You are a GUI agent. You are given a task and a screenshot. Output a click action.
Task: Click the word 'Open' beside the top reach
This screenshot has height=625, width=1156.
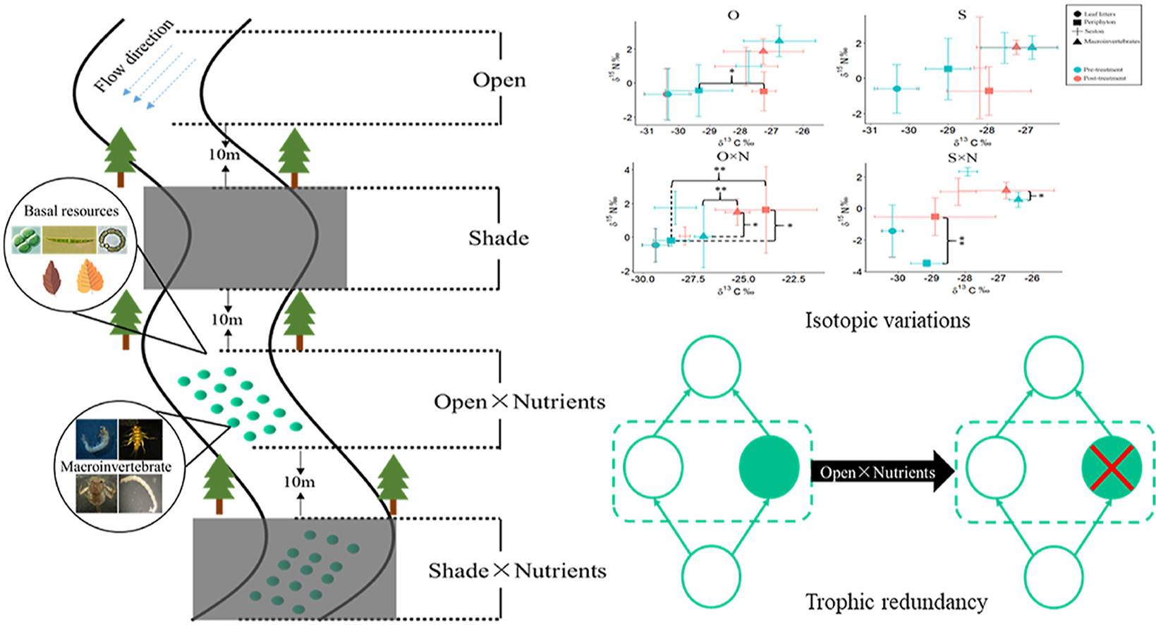coord(499,80)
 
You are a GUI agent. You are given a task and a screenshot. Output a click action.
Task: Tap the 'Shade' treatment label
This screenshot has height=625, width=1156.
coord(498,238)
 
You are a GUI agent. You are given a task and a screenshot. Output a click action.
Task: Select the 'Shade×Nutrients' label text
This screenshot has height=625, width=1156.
coord(517,571)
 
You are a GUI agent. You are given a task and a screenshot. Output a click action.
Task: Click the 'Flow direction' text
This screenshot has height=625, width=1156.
coord(134,56)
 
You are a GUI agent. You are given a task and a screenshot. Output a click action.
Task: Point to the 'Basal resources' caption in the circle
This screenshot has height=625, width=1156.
coord(71,211)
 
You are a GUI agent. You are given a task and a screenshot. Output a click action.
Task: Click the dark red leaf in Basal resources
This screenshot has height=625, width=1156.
coord(51,278)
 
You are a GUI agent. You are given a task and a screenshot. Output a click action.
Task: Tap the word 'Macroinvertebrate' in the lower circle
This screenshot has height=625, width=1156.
coord(116,466)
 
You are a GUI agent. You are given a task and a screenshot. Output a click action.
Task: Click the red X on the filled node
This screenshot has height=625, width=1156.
coord(1112,467)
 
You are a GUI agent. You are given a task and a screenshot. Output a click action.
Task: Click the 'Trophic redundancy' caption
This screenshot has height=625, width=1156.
coord(896,602)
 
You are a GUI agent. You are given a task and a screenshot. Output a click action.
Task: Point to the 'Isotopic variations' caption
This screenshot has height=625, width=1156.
coord(887,321)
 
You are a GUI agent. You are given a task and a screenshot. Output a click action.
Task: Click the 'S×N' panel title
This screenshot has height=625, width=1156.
coord(962,157)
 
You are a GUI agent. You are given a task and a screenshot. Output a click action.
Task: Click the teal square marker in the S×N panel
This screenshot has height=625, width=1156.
coord(926,263)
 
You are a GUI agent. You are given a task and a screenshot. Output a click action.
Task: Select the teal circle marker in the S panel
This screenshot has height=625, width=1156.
coord(896,89)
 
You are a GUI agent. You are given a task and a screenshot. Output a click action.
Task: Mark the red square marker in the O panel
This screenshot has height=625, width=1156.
coord(764,91)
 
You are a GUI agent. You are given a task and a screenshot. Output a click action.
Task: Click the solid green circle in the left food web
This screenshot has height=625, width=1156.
coord(769,467)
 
